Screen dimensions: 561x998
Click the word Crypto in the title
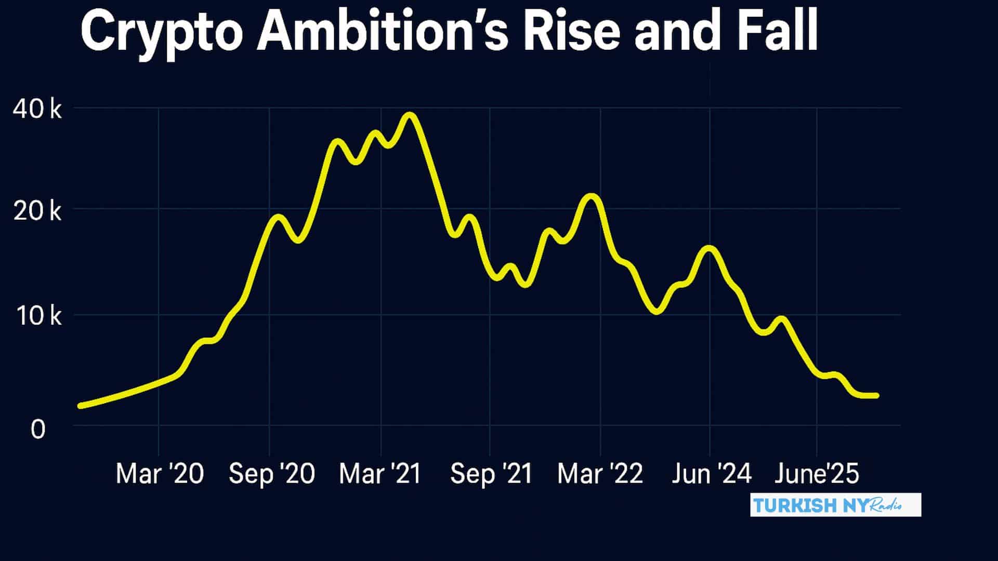161,34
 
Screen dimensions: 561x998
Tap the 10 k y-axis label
39,316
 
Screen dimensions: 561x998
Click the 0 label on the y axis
38,430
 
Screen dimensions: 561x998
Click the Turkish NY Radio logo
835,505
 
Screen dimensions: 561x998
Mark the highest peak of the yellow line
410,115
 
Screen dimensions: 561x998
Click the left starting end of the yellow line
81,406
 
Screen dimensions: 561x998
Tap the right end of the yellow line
876,396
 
